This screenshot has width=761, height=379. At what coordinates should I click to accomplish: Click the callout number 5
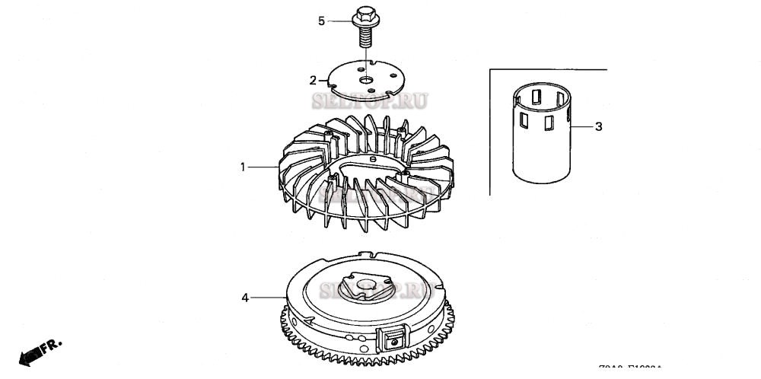[321, 21]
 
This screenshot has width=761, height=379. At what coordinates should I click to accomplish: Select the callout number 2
[313, 80]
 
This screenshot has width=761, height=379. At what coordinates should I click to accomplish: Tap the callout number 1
[243, 167]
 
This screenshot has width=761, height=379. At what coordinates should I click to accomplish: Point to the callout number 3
[598, 126]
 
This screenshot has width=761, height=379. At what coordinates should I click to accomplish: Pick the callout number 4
[245, 298]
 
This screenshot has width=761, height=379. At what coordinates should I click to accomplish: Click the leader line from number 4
[267, 297]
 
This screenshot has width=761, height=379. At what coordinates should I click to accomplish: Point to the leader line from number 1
[262, 167]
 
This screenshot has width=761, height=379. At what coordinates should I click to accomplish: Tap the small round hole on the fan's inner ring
[372, 159]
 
